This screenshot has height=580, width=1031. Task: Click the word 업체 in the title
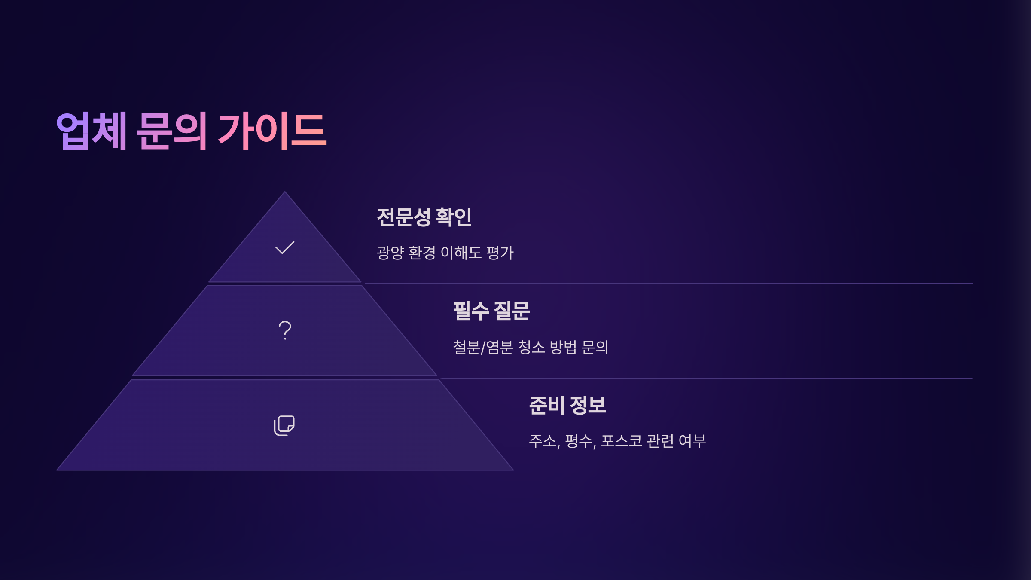pos(91,131)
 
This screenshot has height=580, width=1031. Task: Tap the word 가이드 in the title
pos(272,131)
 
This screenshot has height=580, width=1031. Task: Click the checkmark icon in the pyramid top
pos(285,247)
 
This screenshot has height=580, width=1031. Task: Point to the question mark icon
pos(285,330)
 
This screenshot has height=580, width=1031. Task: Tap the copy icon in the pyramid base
pos(284,425)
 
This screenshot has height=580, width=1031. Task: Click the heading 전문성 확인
pos(424,217)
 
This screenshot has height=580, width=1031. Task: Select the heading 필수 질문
pos(491,311)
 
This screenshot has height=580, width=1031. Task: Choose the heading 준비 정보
pos(567,405)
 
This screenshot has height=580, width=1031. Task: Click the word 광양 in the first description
pos(390,253)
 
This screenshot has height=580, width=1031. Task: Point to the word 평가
pos(500,253)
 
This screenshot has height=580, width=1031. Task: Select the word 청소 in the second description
pos(531,347)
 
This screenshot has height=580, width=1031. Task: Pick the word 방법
pos(563,347)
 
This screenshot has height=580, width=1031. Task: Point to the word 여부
pos(692,441)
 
